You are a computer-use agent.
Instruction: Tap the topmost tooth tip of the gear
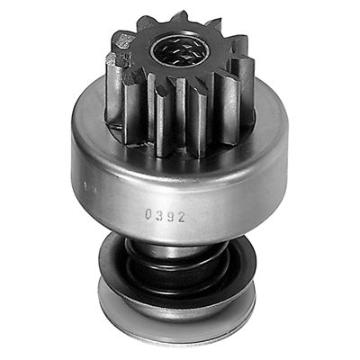coord(181,17)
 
